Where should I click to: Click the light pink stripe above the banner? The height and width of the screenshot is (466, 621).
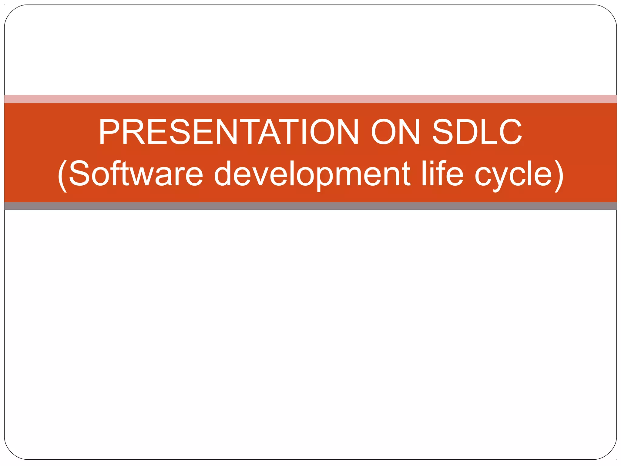pyautogui.click(x=310, y=99)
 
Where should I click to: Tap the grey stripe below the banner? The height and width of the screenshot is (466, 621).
pyautogui.click(x=310, y=206)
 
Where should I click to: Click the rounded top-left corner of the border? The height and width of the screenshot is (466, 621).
pyautogui.click(x=10, y=11)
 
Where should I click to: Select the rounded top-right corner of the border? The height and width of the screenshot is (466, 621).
pyautogui.click(x=610, y=11)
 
